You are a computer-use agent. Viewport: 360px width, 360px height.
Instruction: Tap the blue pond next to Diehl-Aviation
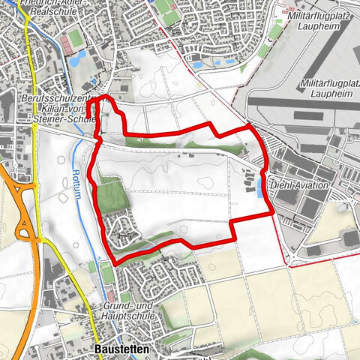tap(259, 188)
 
